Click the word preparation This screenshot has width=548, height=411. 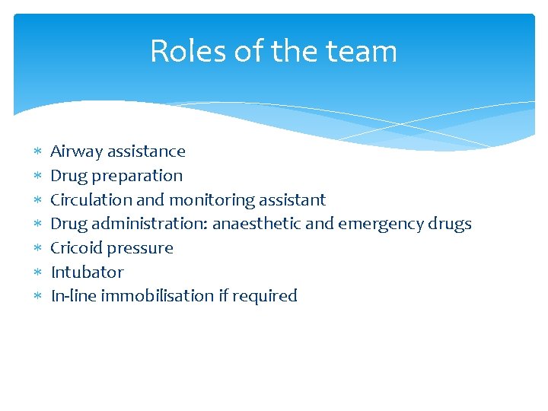point(137,176)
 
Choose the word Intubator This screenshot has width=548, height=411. point(87,272)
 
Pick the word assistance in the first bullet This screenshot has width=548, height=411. point(146,151)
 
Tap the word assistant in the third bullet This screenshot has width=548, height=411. point(292,199)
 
